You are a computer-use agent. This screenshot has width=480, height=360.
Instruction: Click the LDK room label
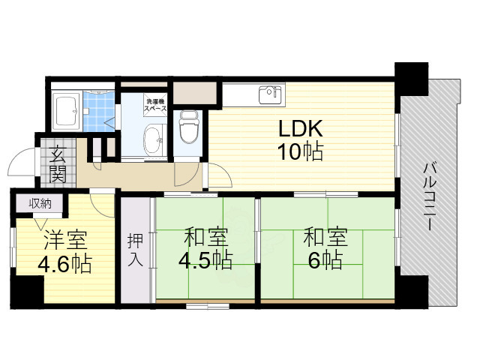click(301, 128)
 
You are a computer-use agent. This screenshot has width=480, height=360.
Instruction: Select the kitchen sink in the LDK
click(267, 95)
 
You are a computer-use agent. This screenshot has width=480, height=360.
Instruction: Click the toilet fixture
click(187, 125)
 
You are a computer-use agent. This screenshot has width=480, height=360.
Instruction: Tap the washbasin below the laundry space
click(154, 139)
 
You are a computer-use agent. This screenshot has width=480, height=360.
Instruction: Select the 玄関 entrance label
click(57, 166)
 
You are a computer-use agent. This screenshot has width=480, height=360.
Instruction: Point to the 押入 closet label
click(135, 250)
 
